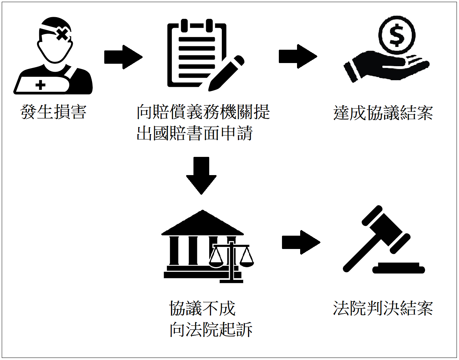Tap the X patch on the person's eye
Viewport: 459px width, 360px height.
62,34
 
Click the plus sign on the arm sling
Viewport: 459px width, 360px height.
41,85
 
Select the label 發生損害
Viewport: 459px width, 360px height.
53,112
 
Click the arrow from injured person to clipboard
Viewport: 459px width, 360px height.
123,57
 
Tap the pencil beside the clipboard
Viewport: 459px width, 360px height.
226,74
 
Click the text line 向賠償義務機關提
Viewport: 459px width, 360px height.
203,112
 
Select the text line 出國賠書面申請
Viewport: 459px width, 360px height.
195,133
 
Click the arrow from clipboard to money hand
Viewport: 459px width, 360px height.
298,56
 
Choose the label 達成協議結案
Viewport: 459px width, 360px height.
383,113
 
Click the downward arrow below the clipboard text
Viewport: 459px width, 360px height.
201,175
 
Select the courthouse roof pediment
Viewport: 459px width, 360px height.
202,224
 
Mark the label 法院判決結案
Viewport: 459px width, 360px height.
383,309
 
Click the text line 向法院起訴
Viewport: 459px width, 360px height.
211,330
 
